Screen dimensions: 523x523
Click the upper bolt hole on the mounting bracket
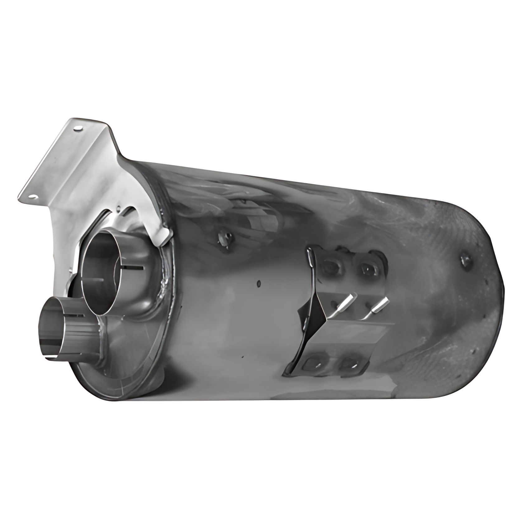pyautogui.click(x=77, y=127)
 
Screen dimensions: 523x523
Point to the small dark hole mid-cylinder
pyautogui.click(x=258, y=283)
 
